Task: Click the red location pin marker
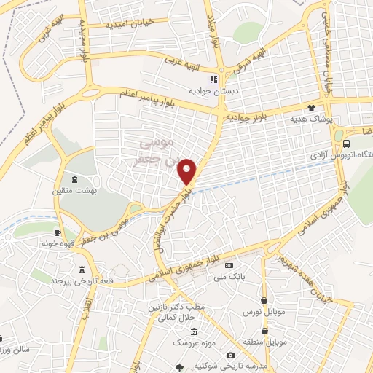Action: click(188, 170)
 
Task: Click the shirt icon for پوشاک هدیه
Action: click(321, 106)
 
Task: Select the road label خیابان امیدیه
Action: click(130, 23)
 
